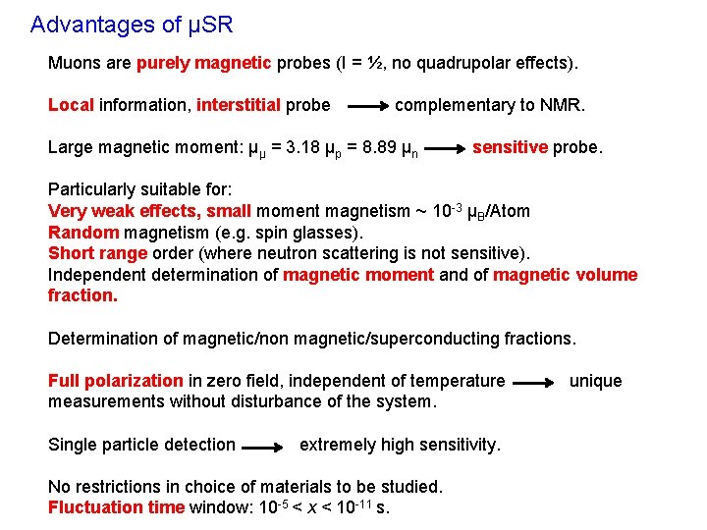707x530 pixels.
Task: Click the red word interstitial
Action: coord(239,105)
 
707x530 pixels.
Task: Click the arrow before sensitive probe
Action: coord(447,149)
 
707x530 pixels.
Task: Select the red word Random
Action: coord(83,233)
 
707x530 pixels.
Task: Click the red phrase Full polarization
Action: coord(116,381)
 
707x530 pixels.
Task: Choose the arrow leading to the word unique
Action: coord(534,382)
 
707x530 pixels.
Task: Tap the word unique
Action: coord(595,381)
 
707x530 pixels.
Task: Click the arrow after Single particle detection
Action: coord(263,447)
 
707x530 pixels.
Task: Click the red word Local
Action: coord(71,105)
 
